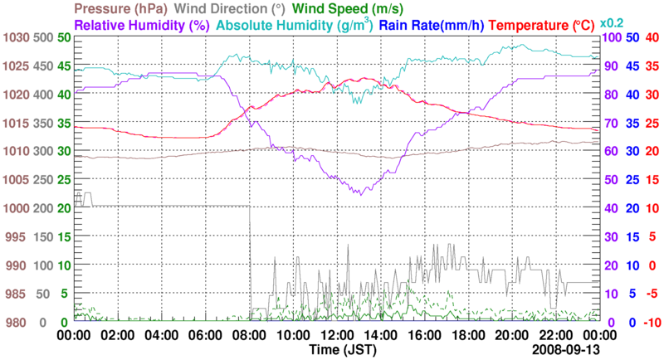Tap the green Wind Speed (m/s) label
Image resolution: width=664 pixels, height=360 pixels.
pyautogui.click(x=349, y=9)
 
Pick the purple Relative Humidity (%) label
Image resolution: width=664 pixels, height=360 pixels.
pyautogui.click(x=141, y=25)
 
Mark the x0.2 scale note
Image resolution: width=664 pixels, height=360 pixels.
pyautogui.click(x=613, y=22)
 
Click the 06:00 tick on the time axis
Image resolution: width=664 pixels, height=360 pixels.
pyautogui.click(x=204, y=335)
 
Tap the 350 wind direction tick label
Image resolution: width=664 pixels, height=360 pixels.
pyautogui.click(x=42, y=124)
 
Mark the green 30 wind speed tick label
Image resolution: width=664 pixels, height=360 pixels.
pyautogui.click(x=62, y=152)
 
